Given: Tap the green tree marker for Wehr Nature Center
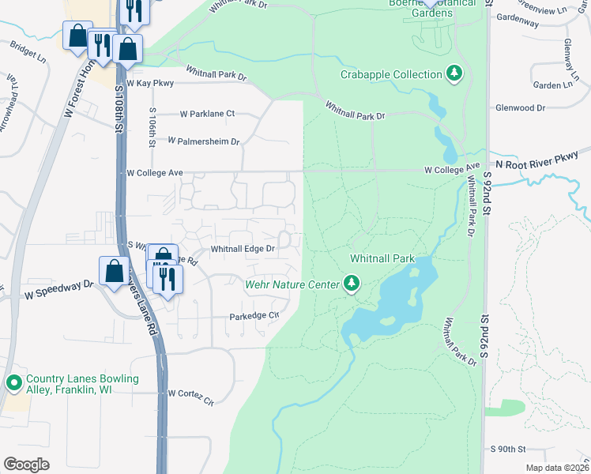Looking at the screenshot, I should point(352,283).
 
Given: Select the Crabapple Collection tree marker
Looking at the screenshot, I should point(454,74).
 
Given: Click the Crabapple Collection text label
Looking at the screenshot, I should point(391,74).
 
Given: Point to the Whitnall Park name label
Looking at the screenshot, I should point(382,259).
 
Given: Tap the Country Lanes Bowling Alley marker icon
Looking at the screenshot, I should point(13,384).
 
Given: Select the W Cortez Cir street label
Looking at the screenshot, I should point(190,394).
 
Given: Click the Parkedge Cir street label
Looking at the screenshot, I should point(254,316).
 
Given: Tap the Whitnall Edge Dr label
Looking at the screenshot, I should point(243,249).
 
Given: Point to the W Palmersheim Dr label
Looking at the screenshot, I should point(203,141).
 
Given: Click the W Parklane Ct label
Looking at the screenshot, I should point(207,114).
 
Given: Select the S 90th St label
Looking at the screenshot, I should point(507,449).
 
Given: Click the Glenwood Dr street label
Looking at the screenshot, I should point(519,107).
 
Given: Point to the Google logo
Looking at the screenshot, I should point(26,465).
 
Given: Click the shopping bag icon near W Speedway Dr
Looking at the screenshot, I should point(114,270).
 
